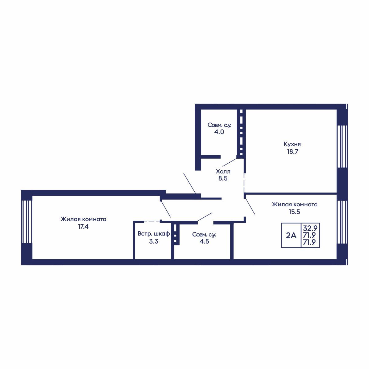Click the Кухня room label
click(x=292, y=144)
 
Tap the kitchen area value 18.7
click(x=292, y=152)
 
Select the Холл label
click(x=223, y=171)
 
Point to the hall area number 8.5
click(x=223, y=178)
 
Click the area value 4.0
click(x=219, y=132)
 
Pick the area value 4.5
click(x=204, y=241)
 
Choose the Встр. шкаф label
click(x=153, y=234)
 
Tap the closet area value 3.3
click(x=153, y=241)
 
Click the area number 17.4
click(x=83, y=227)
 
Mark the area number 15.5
click(x=294, y=212)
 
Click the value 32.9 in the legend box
click(x=310, y=228)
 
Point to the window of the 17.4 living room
click(x=27, y=222)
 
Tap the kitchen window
click(x=342, y=146)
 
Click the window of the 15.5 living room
click(x=342, y=222)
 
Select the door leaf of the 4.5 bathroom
click(x=204, y=217)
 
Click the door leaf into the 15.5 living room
click(x=250, y=206)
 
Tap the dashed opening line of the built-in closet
click(x=152, y=221)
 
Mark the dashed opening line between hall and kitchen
click(x=244, y=183)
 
